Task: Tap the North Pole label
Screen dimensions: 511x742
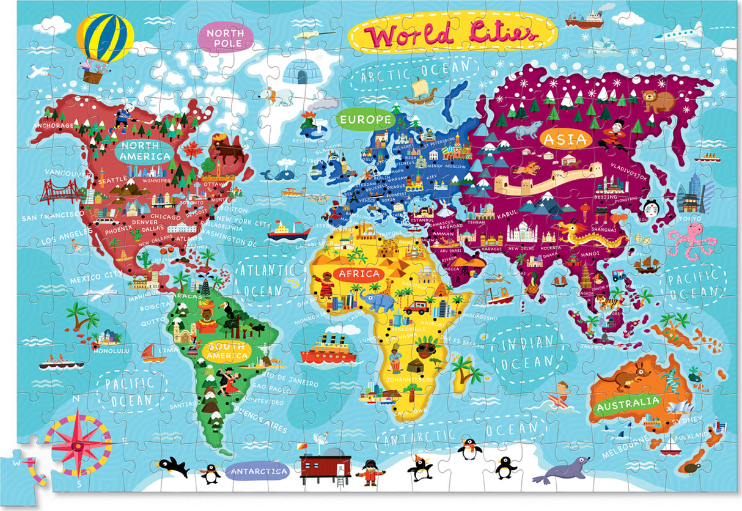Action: coord(225,38)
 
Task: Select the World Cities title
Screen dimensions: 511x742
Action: coord(452,35)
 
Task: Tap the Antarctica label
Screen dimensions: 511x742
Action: coord(257,471)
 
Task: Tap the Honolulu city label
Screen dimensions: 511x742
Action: coord(111,350)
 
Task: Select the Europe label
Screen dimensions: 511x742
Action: coord(366,119)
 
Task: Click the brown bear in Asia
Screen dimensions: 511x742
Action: coord(657,100)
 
